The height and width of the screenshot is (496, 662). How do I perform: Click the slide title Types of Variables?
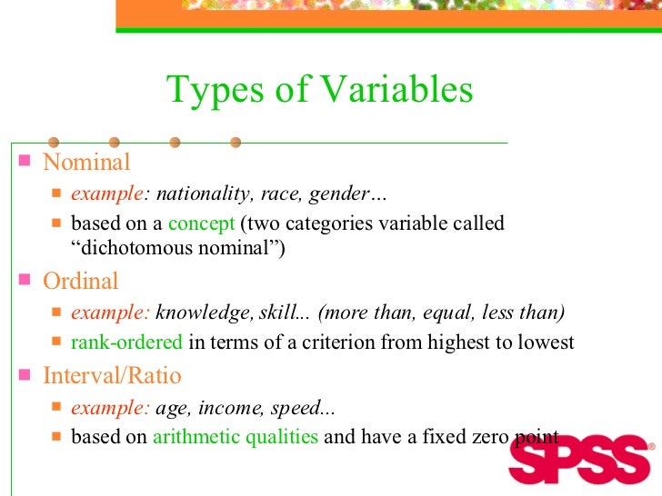click(x=319, y=90)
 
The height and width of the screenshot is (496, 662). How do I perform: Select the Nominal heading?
click(x=87, y=163)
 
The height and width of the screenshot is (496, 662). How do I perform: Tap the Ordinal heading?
click(x=81, y=282)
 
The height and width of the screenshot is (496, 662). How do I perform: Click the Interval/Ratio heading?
click(x=112, y=376)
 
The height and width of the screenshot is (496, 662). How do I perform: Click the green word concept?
click(x=201, y=223)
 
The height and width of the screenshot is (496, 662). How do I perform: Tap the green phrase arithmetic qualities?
click(x=236, y=436)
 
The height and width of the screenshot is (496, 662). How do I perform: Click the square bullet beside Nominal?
click(x=24, y=164)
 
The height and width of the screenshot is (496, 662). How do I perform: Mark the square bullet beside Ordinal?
click(x=24, y=282)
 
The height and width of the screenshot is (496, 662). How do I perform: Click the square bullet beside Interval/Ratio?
click(x=24, y=376)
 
